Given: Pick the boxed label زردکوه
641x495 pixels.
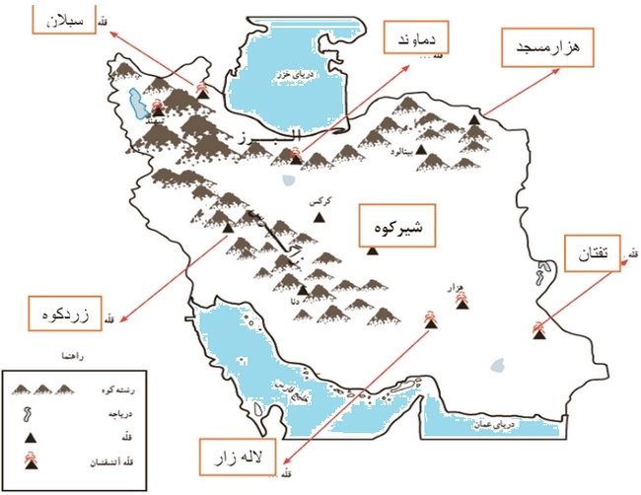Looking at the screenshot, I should pos(63,318).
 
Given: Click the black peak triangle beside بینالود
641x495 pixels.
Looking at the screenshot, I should pos(422,150).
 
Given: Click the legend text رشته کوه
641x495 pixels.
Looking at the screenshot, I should pos(110,391).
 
